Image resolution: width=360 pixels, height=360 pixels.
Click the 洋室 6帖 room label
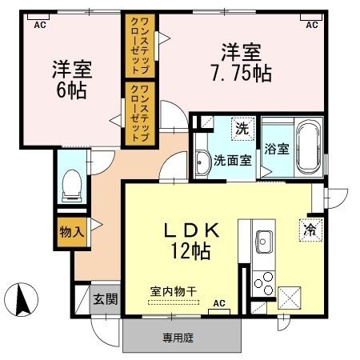71,78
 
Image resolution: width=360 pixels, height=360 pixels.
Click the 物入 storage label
70,232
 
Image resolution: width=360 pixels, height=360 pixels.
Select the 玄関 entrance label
105,299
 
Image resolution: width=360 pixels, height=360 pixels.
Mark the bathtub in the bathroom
307,148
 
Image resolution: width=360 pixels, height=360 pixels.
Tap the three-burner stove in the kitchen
262,282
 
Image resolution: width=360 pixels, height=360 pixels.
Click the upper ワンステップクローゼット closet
134,46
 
